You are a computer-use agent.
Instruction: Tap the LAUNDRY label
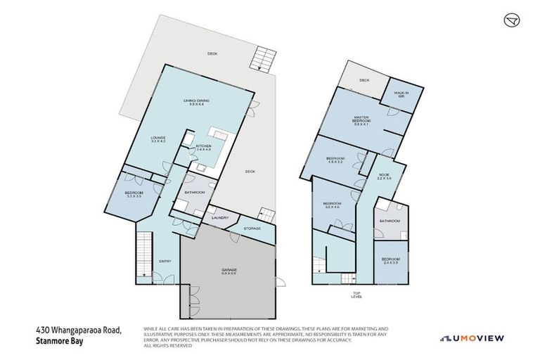[x=220, y=218]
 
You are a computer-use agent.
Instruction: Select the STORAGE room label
[x=252, y=229]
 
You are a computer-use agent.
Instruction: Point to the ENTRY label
[x=165, y=262]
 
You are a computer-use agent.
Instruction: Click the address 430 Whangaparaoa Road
[x=79, y=329]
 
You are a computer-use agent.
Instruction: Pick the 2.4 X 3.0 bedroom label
[x=390, y=260]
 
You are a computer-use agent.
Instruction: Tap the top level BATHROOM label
[x=390, y=221]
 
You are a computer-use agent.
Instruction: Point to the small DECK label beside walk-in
[x=364, y=80]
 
